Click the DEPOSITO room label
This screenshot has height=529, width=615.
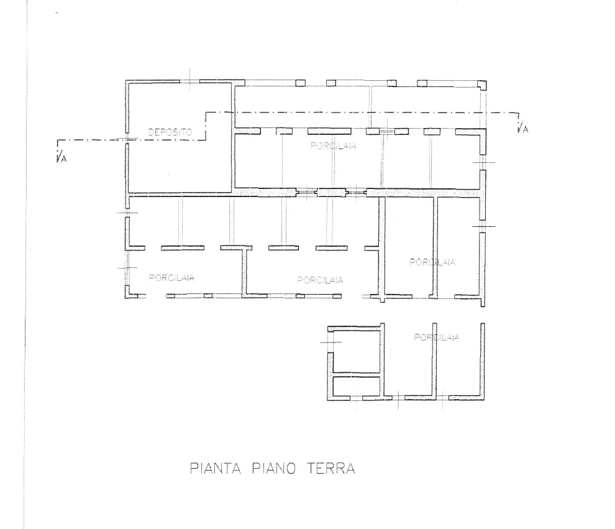pos(170,132)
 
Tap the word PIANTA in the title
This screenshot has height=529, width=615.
pos(216,468)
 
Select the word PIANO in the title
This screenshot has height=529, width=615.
pos(273,468)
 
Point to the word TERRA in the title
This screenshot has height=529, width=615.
pos(330,468)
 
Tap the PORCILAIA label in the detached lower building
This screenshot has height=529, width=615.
pos(437,338)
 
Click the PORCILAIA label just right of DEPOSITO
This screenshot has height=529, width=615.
pos(334,146)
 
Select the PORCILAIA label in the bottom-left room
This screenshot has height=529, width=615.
pos(172,278)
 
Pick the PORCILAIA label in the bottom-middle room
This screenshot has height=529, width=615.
pos(320,280)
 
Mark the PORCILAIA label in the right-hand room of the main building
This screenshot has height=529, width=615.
pos(432,262)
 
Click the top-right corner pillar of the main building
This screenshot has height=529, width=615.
pos(482,85)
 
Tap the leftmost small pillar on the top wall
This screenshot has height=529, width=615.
pos(301,83)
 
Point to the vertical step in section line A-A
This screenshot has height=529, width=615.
pos(206,126)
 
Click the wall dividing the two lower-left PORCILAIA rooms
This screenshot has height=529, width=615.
pos(245,272)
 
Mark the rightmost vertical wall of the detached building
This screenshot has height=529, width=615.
pos(483,361)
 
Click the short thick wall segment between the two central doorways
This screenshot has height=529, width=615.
pos(332,192)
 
